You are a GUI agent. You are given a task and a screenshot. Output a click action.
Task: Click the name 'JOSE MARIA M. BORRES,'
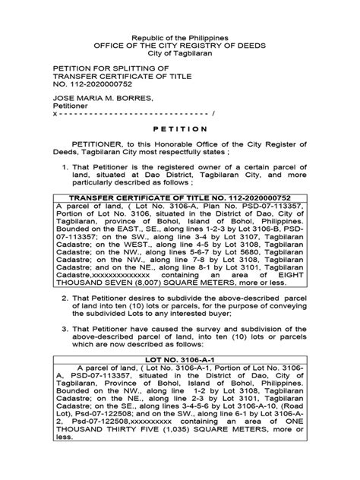tap(97, 99)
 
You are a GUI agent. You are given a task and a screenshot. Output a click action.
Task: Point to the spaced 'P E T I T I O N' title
tap(179, 130)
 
